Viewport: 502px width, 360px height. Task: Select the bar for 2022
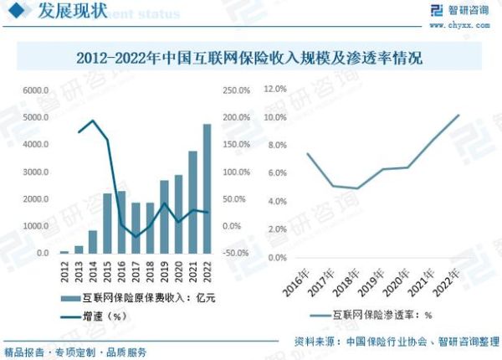[x=207, y=188]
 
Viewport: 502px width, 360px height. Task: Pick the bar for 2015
[x=107, y=223]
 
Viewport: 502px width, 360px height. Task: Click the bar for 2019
[x=164, y=217]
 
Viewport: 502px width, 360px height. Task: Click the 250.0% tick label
[x=236, y=90]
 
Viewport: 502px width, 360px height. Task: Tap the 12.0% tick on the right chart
[x=276, y=87]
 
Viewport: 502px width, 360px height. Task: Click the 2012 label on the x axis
[x=64, y=270]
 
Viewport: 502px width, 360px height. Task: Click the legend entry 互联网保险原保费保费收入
[x=138, y=298]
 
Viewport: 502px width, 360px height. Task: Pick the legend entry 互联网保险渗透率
[x=381, y=316]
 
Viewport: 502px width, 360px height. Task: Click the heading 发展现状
[x=64, y=12]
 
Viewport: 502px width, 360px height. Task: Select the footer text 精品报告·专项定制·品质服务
[x=75, y=351]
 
